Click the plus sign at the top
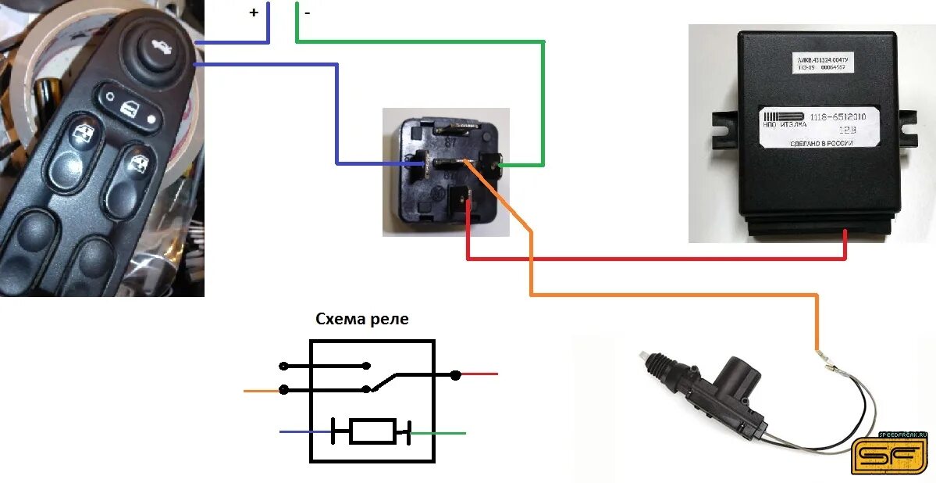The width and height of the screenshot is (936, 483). tap(254, 13)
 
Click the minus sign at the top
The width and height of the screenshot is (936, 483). tap(307, 13)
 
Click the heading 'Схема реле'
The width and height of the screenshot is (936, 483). tap(361, 319)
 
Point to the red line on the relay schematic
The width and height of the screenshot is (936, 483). tap(479, 374)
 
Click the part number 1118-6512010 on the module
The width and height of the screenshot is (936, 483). tap(843, 116)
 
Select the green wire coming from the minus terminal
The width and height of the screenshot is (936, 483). tap(422, 41)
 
